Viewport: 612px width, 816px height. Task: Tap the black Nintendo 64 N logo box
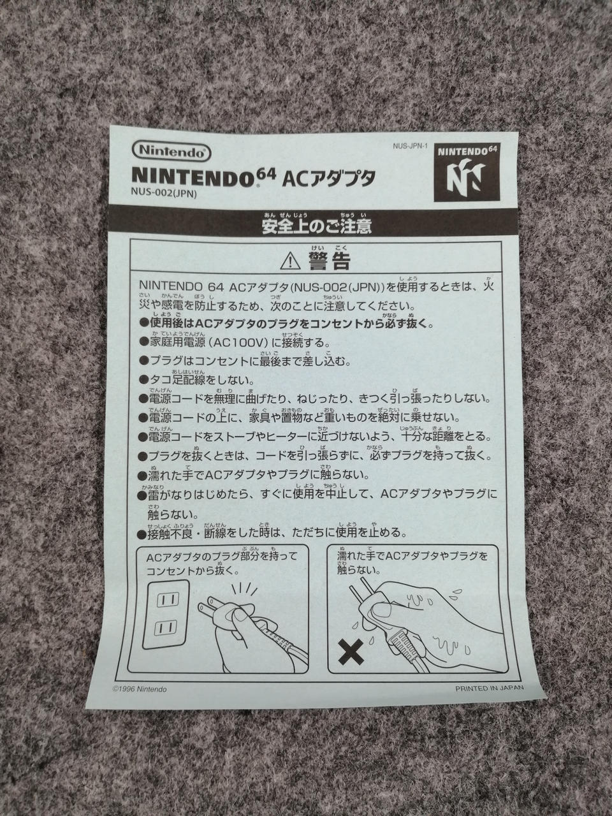click(x=467, y=173)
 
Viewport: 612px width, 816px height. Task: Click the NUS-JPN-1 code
click(x=410, y=146)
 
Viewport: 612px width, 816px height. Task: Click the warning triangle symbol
click(x=291, y=260)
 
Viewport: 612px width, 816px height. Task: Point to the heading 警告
click(x=329, y=261)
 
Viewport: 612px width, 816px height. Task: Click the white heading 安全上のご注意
click(x=317, y=227)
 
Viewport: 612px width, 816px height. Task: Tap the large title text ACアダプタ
click(x=329, y=178)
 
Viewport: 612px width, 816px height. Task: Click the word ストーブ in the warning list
click(x=240, y=437)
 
